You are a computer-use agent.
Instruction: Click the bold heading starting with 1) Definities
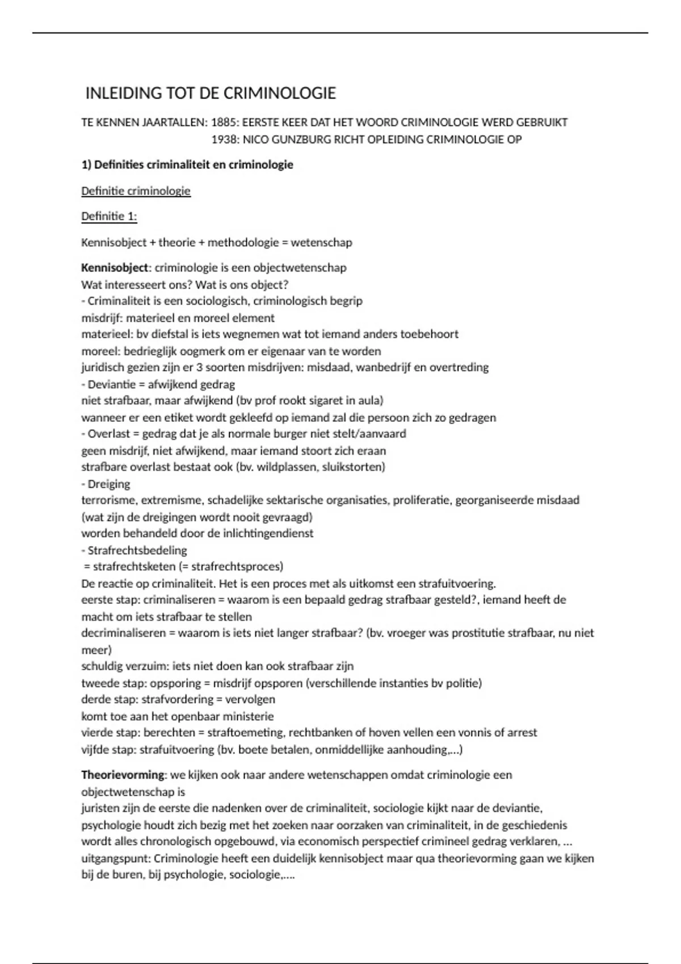tap(187, 165)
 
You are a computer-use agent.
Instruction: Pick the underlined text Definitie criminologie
tap(136, 191)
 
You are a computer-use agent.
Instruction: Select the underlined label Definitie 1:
tap(109, 217)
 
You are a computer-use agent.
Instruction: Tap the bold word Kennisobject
tap(114, 268)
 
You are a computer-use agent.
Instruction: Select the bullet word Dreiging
tap(108, 484)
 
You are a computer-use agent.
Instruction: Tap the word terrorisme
tap(108, 500)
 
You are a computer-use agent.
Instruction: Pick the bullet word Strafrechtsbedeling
tap(137, 550)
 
